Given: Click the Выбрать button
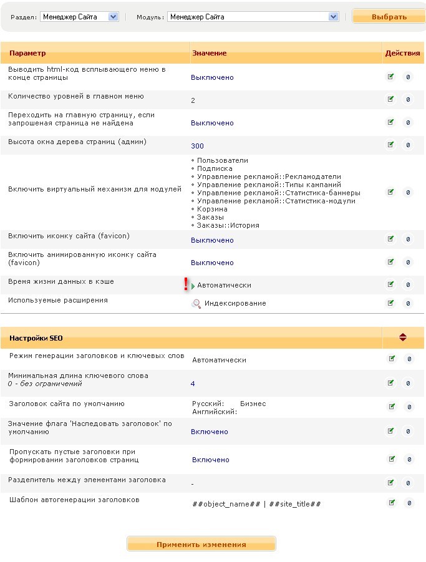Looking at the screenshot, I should tap(389, 17).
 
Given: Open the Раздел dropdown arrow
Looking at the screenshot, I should tap(113, 17).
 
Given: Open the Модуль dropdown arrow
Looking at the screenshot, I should tap(334, 17).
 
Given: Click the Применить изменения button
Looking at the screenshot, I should tap(201, 544).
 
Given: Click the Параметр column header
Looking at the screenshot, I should tap(27, 53).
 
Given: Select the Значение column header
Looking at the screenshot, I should tap(209, 53).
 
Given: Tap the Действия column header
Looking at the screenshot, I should tap(402, 53).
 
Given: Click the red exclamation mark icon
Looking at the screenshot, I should tap(186, 284).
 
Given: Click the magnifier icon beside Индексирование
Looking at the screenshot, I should tap(196, 303).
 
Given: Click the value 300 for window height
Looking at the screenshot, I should tap(197, 146).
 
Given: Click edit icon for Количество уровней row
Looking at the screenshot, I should tap(391, 99).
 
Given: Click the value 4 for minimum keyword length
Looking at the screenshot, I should tap(193, 384).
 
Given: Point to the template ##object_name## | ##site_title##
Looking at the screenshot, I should tap(256, 503).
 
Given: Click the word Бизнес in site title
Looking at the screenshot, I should tap(253, 404).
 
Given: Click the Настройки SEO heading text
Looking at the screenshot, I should tap(36, 338).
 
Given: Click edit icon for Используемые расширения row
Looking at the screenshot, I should tap(391, 303).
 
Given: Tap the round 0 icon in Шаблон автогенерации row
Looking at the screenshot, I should tap(409, 503).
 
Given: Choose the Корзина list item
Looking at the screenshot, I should tap(212, 209).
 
